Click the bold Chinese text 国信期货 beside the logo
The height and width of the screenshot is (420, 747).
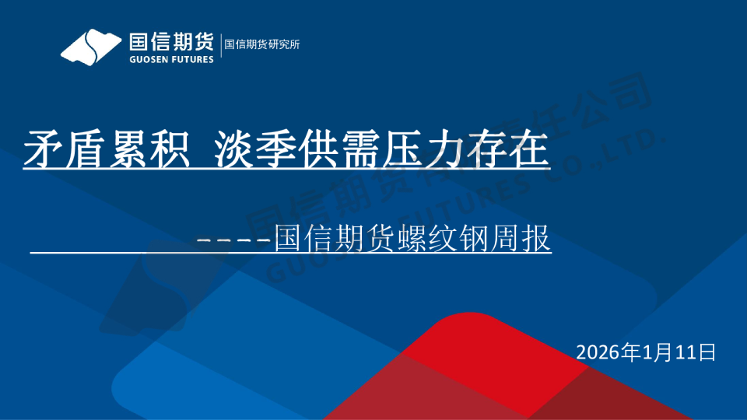[171, 42]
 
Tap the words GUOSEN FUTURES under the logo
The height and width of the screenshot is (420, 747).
[171, 60]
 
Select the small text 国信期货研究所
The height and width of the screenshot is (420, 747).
[262, 44]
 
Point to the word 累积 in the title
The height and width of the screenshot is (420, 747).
[149, 149]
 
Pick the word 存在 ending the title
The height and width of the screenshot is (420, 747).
[509, 149]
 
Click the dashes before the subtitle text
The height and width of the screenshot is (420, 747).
[234, 240]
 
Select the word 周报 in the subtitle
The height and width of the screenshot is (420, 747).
[521, 238]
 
